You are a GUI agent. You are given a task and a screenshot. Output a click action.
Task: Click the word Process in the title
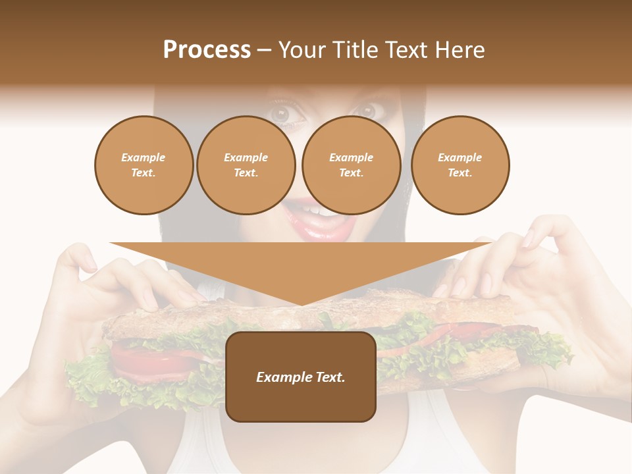click(207, 50)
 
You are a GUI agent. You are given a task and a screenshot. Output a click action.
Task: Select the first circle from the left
click(144, 165)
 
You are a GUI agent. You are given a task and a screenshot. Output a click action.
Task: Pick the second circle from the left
click(246, 165)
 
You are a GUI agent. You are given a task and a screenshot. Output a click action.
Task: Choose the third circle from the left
click(351, 165)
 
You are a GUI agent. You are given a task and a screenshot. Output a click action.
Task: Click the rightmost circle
click(460, 165)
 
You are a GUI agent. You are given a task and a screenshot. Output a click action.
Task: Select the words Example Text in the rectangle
click(300, 377)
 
